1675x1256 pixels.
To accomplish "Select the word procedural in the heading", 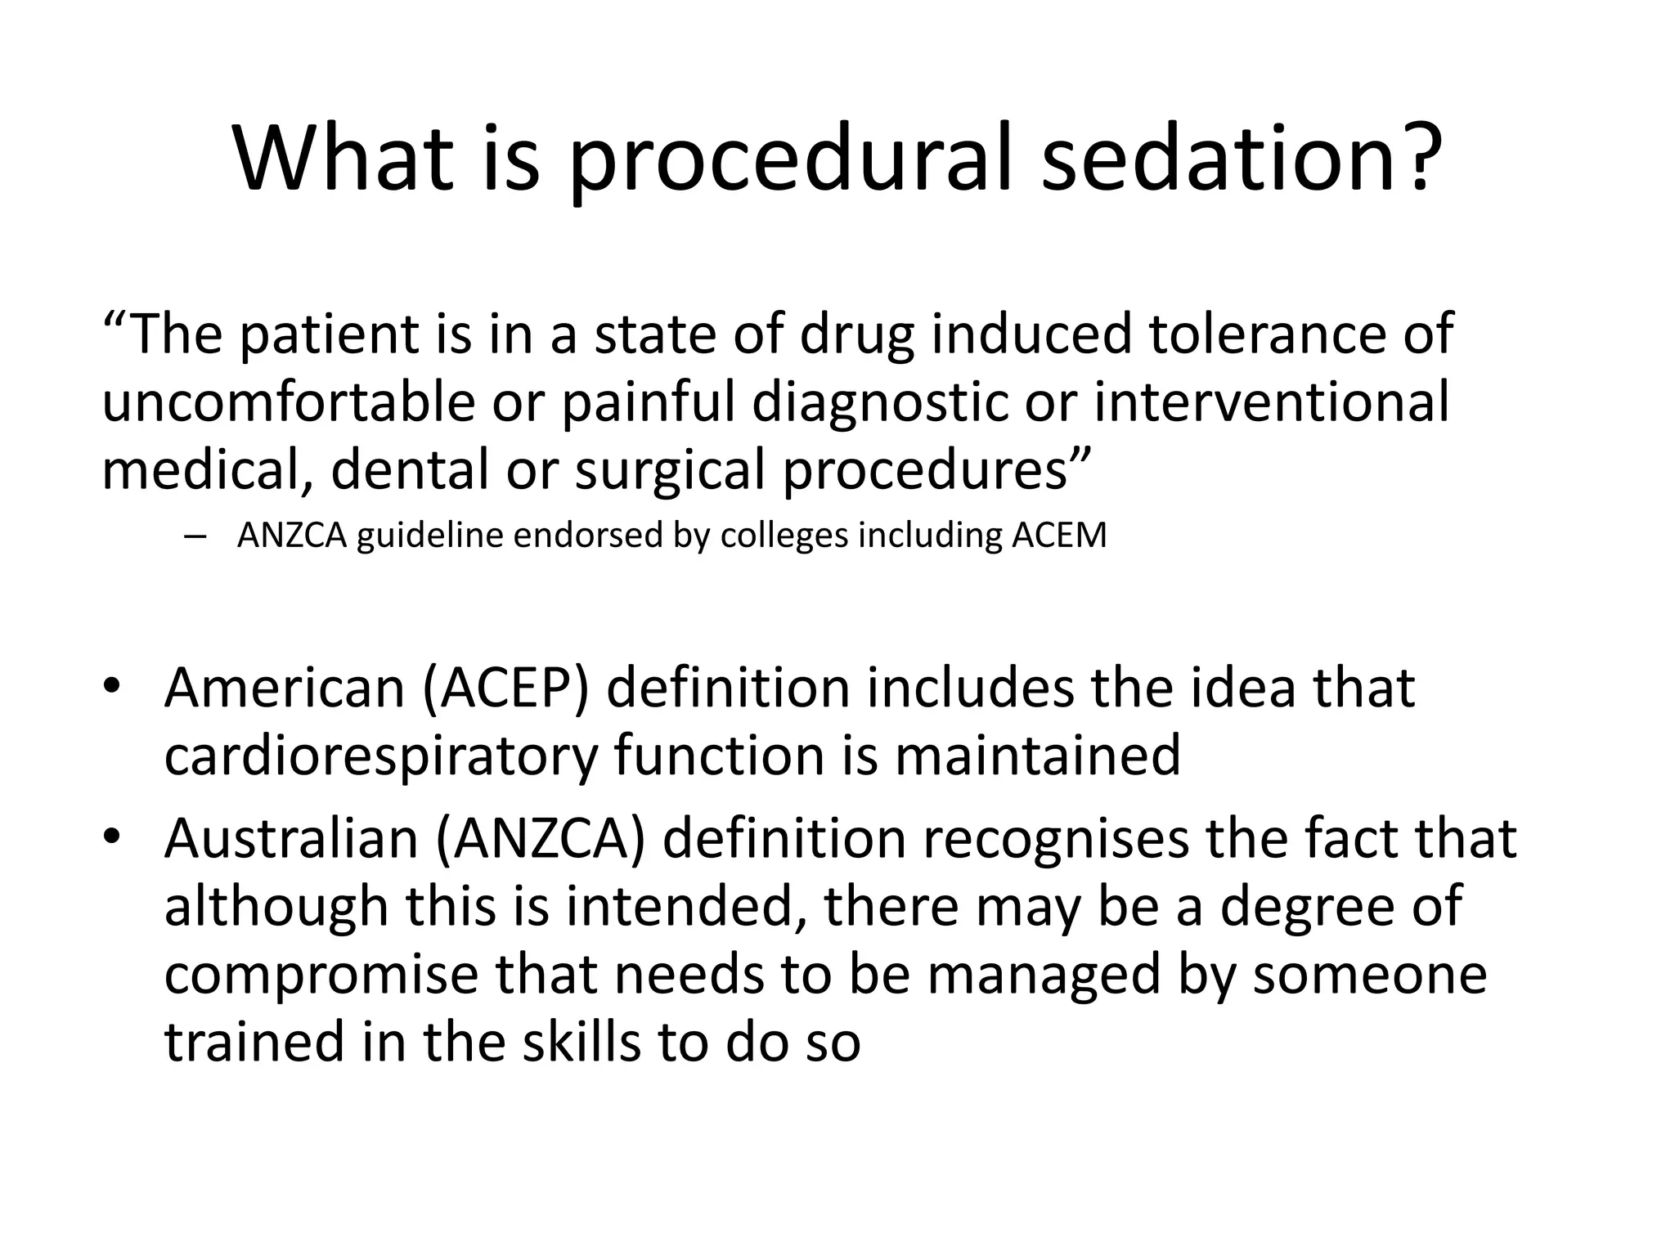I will tap(793, 159).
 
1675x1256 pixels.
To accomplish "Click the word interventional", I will tap(1272, 403).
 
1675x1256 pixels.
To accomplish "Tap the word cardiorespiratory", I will tap(381, 756).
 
